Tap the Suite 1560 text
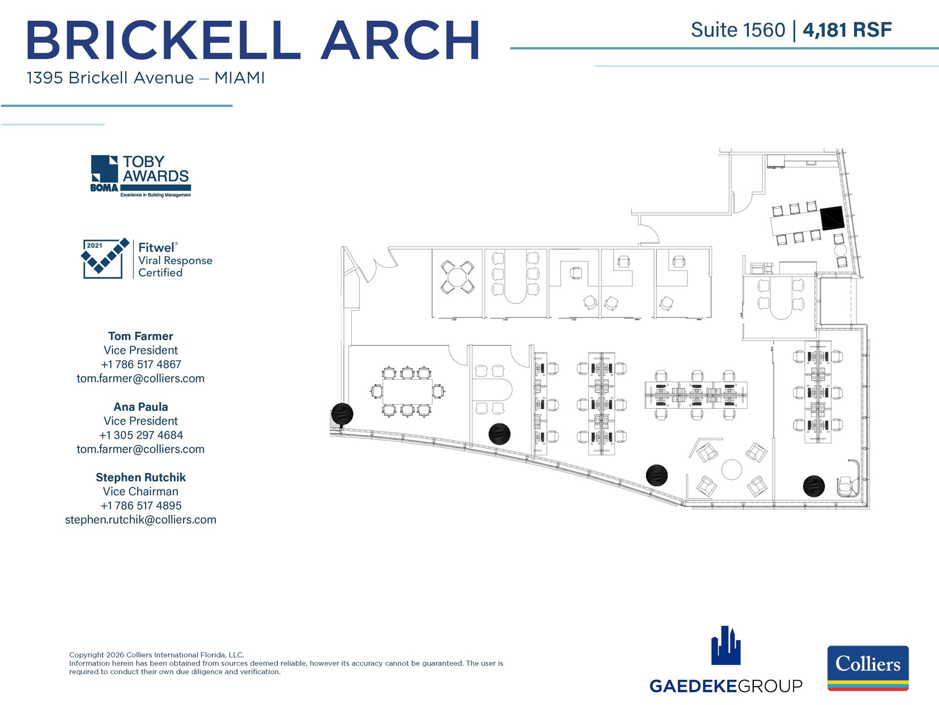pos(738,30)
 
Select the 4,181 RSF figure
pos(847,30)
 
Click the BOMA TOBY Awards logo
pos(141,176)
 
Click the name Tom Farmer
pos(140,336)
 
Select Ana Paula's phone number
pos(140,435)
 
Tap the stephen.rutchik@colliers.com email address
pos(140,520)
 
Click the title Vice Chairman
pos(140,492)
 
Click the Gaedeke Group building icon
pos(726,646)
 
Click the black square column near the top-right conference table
pos(832,218)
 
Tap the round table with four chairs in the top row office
pos(457,277)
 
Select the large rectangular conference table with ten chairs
pos(407,392)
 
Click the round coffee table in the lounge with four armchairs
pos(731,470)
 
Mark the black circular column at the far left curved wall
pos(342,414)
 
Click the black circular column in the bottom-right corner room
pos(814,486)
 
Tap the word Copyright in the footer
pos(86,655)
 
